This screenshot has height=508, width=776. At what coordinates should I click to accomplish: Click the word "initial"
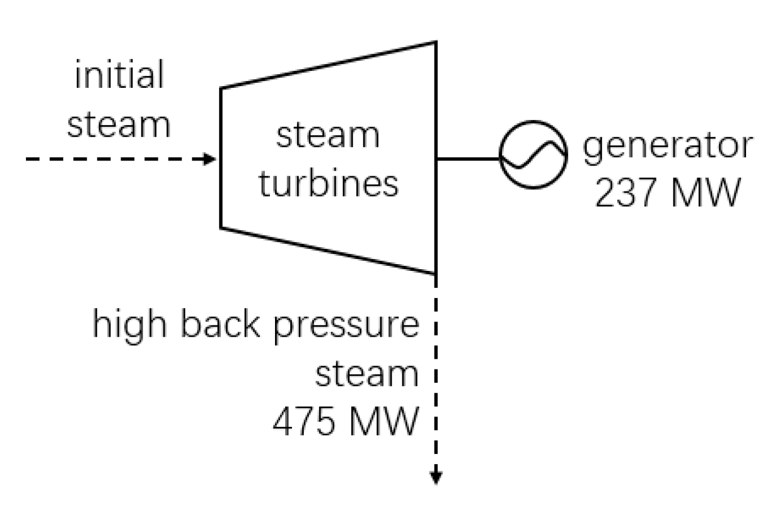119,74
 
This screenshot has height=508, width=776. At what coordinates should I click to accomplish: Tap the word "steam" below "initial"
119,124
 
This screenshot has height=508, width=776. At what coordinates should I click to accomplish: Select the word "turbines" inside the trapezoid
329,183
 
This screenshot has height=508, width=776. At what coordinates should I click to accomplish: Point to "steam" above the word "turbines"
328,135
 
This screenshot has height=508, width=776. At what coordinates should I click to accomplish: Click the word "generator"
667,146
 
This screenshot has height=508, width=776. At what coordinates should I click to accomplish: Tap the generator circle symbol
533,154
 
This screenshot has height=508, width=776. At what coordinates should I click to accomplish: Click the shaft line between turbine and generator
468,159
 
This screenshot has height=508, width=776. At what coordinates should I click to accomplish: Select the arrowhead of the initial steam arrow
210,159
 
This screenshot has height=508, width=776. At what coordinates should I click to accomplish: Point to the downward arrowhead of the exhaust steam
436,478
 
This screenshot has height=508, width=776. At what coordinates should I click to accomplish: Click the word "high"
130,325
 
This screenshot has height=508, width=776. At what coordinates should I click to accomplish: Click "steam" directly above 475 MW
366,374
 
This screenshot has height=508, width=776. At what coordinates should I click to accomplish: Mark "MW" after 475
384,421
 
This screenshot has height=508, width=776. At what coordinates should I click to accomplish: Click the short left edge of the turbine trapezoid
221,158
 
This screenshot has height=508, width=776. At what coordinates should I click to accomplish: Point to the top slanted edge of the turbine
329,65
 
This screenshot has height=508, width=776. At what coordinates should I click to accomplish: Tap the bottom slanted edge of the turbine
329,251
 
